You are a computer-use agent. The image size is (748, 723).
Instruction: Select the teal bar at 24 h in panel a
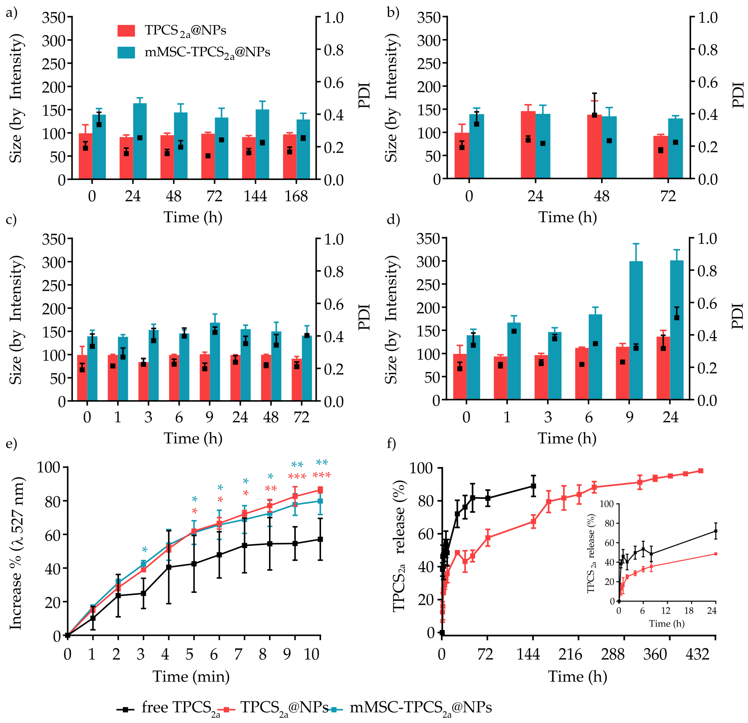coord(140,141)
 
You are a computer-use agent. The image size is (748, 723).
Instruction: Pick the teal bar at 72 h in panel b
coord(675,149)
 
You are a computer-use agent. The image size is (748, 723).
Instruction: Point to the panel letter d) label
coord(393,220)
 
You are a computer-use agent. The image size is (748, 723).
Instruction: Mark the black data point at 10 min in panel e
coord(320,539)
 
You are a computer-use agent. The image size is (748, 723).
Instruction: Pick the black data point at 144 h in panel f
coord(533,486)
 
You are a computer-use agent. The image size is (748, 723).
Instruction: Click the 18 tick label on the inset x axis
coord(688,611)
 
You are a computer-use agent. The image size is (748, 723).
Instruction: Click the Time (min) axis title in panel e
coord(191,676)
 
